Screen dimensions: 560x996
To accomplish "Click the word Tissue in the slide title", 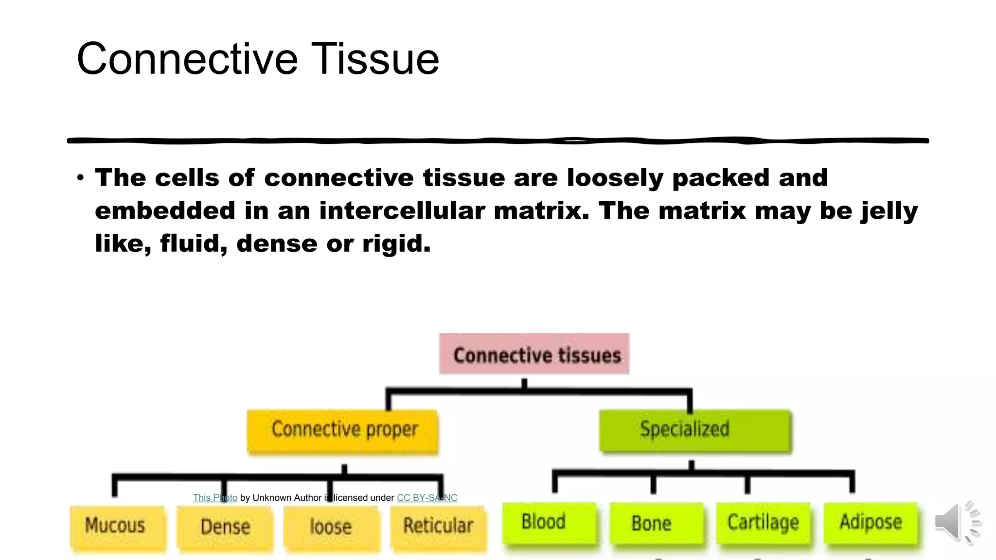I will (374, 59).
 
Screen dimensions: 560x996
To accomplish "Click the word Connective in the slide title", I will (187, 59).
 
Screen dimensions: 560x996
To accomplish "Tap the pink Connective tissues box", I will (534, 354).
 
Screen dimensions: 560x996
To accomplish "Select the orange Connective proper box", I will (343, 430).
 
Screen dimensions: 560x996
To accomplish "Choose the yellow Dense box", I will (225, 528).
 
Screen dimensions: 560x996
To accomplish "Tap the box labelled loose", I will (331, 528).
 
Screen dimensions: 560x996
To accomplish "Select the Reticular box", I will (438, 527).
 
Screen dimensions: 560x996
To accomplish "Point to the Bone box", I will (656, 524).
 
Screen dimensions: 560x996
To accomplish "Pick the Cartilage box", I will (763, 523).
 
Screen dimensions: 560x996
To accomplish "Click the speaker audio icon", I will (956, 522).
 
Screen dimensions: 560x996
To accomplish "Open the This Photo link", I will (215, 498).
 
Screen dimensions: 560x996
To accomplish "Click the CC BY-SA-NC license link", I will (427, 498).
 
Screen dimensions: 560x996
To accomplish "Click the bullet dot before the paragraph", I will (80, 177).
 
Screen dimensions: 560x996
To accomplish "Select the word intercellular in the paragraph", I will (402, 211).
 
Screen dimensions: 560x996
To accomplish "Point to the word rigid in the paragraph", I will (396, 244).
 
